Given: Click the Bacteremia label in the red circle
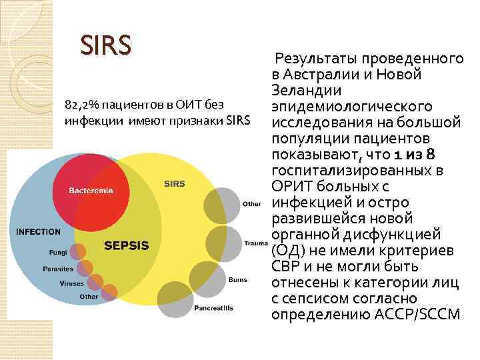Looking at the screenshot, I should point(91,190).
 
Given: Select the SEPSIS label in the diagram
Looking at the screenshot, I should point(127,245).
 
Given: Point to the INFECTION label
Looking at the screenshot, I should point(38,232).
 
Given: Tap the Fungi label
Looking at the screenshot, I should point(57,253).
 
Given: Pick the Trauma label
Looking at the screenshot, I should point(256,243).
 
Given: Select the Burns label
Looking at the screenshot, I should point(238,281).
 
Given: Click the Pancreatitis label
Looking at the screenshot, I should point(213,309).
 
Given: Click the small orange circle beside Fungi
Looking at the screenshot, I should point(79,251).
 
